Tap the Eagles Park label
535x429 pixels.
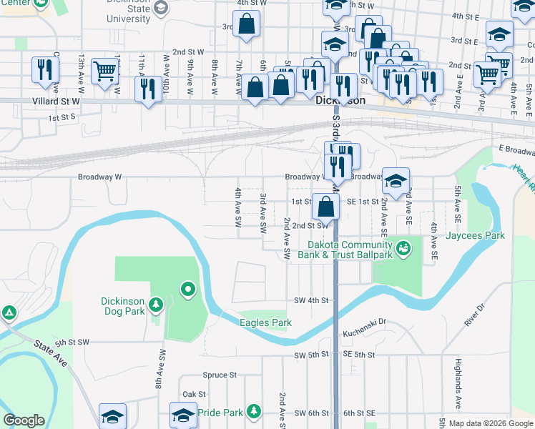(x=265, y=323)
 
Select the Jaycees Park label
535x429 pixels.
(x=476, y=235)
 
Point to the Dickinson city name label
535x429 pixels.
(x=340, y=102)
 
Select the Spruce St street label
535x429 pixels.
(x=220, y=375)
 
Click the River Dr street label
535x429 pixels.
(x=475, y=315)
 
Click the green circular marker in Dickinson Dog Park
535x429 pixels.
(x=188, y=290)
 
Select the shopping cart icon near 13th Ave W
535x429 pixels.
(x=105, y=71)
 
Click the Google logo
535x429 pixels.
(x=24, y=421)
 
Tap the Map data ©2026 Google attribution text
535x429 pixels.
(x=490, y=423)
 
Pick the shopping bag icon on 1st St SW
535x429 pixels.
(x=325, y=207)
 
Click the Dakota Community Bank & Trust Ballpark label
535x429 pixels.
(x=345, y=249)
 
